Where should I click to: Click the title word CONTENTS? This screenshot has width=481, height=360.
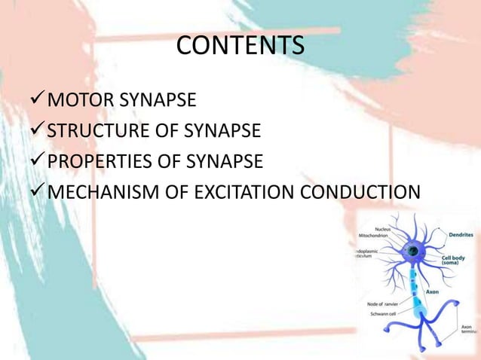240,46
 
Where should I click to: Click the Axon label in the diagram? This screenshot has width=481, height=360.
433,291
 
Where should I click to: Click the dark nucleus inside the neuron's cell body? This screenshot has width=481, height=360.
413,251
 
